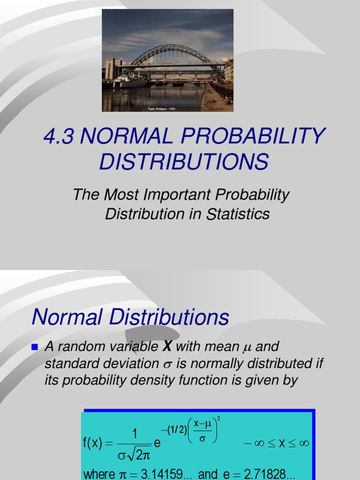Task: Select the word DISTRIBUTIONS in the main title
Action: coord(183,162)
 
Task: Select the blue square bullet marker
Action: coord(34,347)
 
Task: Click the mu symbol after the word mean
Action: coord(247,348)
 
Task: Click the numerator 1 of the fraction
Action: coord(135,435)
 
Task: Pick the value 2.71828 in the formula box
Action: coord(269,474)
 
